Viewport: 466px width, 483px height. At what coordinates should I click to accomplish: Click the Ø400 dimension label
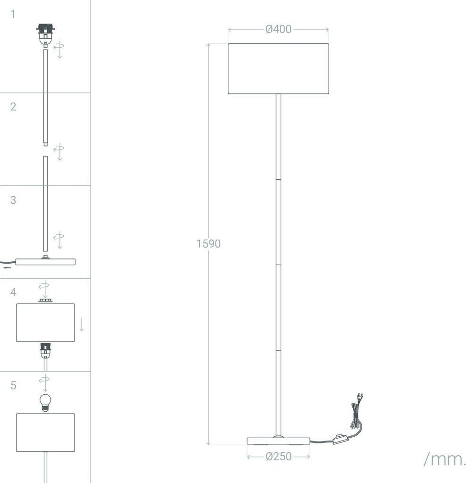coord(278,30)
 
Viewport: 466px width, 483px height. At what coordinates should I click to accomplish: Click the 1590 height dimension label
coord(208,244)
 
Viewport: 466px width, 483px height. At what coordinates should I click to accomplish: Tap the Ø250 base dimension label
coord(278,457)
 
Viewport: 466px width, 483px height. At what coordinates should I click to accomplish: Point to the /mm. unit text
coord(444,459)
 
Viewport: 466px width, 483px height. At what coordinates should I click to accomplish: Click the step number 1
coord(13,14)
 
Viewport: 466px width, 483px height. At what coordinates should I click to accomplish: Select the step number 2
coord(13,107)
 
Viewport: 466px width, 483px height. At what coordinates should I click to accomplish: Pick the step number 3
coord(13,200)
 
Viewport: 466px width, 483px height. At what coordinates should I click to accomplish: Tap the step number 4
coord(13,292)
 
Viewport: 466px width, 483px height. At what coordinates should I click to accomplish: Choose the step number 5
coord(13,385)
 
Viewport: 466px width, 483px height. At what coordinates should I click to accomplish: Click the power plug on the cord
coord(359,398)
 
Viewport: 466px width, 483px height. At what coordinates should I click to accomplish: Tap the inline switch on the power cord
coord(340,440)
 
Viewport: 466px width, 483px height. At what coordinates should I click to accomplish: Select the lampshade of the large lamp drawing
coord(278,69)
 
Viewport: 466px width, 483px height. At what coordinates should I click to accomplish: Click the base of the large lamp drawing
coord(278,441)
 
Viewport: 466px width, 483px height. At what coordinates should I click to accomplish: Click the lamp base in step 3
coord(45,261)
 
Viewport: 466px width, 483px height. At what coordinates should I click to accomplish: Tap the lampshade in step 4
coord(45,323)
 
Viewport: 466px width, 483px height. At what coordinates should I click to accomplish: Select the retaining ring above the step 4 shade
coord(45,300)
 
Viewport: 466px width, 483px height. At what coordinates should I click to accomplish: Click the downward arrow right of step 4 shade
coord(82,324)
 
